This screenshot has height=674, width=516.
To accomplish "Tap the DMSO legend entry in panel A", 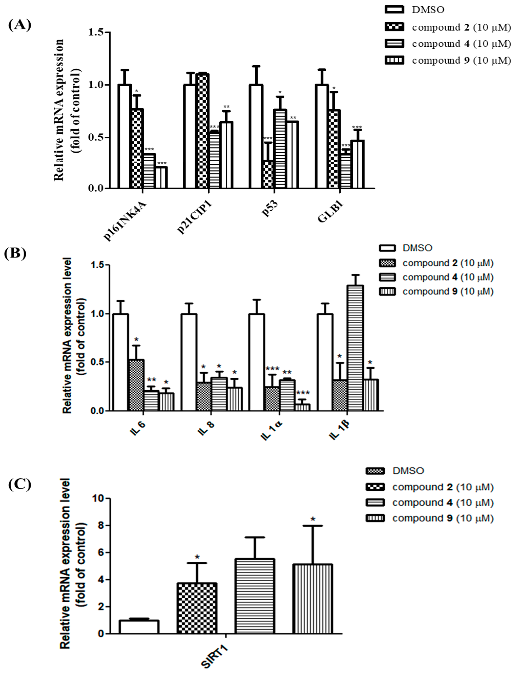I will (x=428, y=10).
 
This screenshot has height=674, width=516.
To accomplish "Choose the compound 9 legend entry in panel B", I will (x=448, y=291).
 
